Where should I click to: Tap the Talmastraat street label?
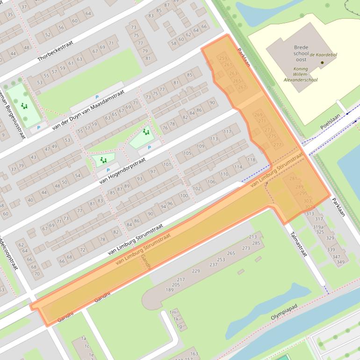[298, 244]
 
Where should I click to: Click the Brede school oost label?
[301, 54]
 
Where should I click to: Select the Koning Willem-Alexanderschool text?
[301, 74]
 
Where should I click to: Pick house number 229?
[196, 271]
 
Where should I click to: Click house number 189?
[170, 290]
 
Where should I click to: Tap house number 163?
[194, 354]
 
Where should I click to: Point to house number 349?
[340, 262]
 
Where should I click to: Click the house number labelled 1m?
[173, 312]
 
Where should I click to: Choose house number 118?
[252, 160]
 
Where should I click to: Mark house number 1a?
[84, 338]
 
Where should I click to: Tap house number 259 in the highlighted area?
[223, 58]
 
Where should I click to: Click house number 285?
[256, 243]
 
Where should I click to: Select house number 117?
[227, 132]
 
